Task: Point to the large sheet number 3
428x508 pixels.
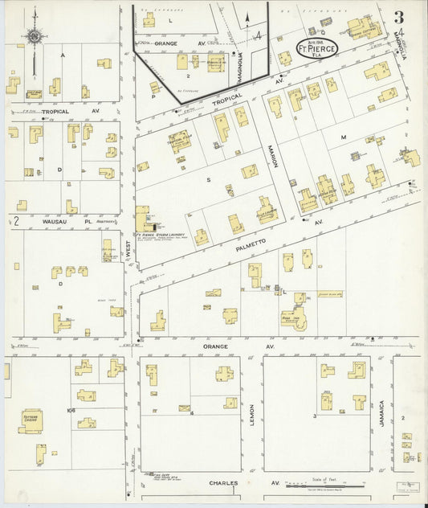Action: tap(398, 18)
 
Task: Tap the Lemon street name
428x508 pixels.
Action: tap(251, 416)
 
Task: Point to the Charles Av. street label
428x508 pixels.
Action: tap(241, 483)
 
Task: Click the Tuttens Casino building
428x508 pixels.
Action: tap(31, 420)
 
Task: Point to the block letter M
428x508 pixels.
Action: tap(342, 137)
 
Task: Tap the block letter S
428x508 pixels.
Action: tap(208, 180)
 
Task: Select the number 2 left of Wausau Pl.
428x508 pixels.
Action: tap(15, 219)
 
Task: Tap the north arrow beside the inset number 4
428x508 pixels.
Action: tap(247, 20)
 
